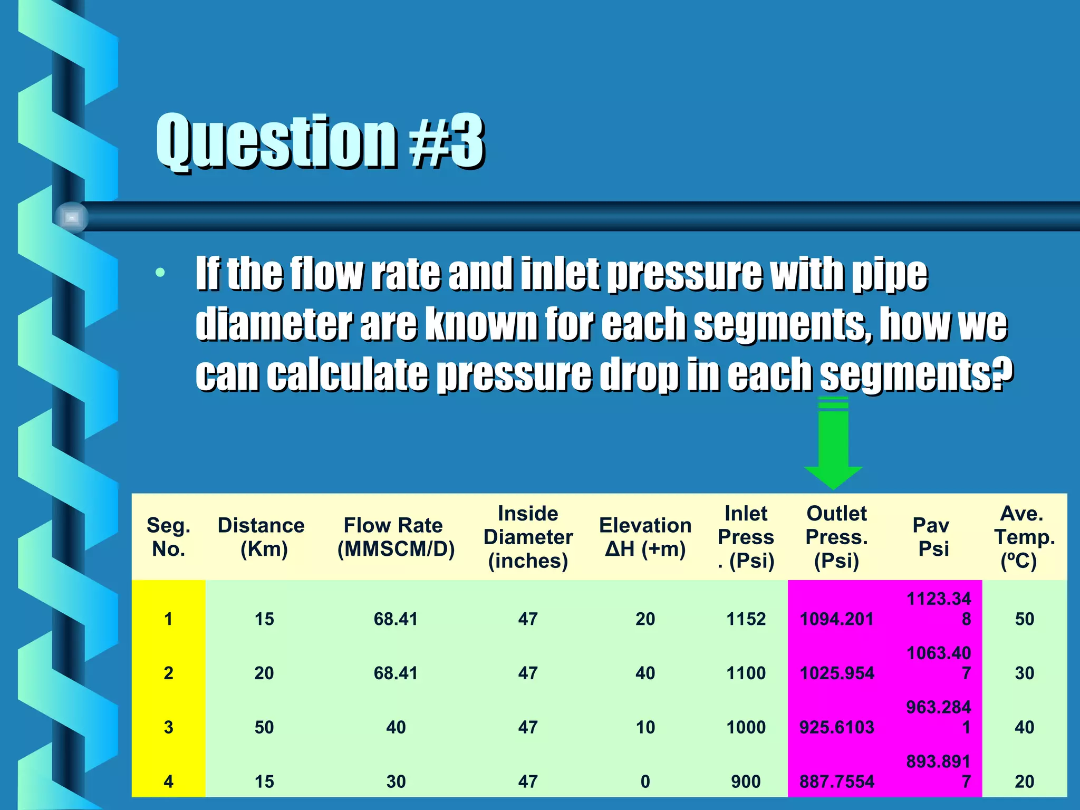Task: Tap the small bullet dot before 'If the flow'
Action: (160, 273)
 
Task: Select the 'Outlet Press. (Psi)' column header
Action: (836, 537)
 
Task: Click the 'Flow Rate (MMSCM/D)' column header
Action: (396, 537)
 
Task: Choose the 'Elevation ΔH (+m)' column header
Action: (645, 537)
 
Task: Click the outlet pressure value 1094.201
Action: (837, 619)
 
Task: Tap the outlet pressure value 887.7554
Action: (837, 781)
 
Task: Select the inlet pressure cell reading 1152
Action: (746, 619)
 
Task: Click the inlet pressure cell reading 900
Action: (746, 781)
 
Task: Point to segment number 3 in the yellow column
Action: (168, 727)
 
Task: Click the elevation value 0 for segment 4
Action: (645, 781)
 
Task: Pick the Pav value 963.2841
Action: (939, 717)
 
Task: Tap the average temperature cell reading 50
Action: (1024, 619)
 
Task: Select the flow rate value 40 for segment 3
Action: (396, 727)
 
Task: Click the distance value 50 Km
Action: (264, 727)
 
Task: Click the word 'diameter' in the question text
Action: (273, 323)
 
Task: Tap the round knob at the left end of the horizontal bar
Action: (72, 217)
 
